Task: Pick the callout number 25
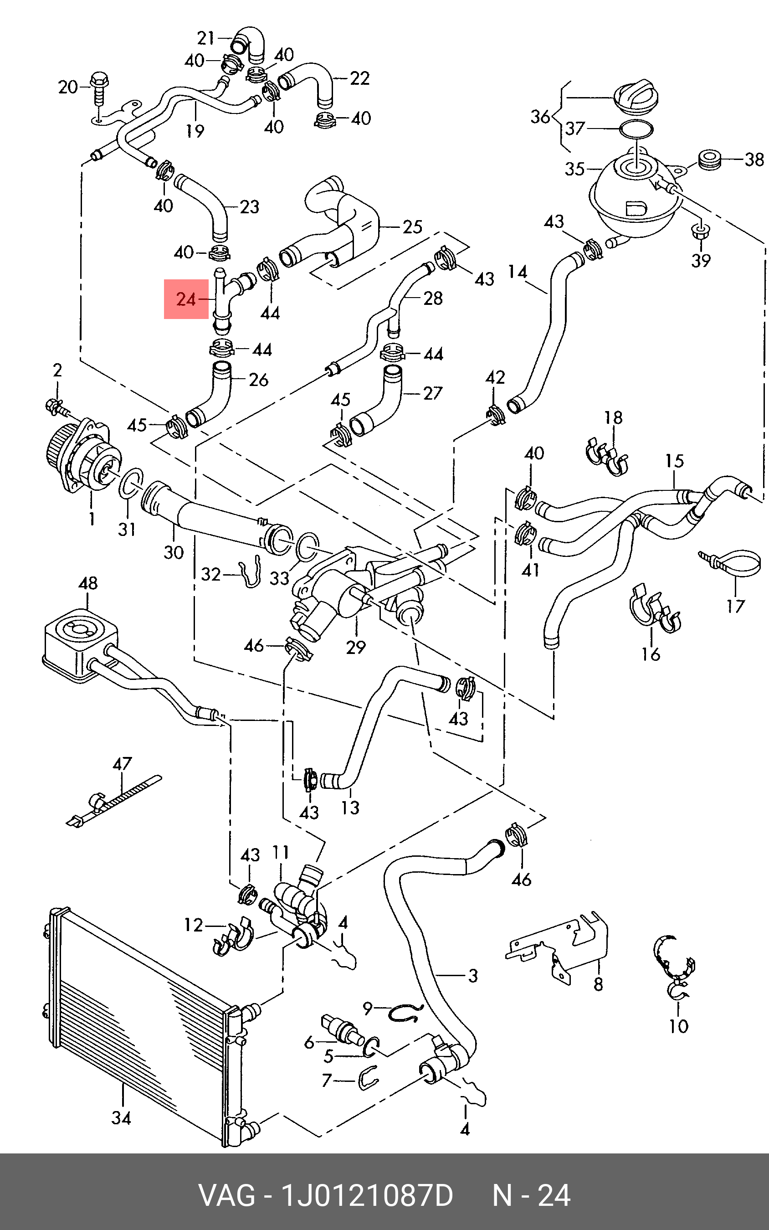(x=412, y=227)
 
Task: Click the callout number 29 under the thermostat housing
(x=355, y=647)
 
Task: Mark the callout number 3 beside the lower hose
(x=472, y=976)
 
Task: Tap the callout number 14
(x=517, y=272)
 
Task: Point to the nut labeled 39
(x=700, y=232)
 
